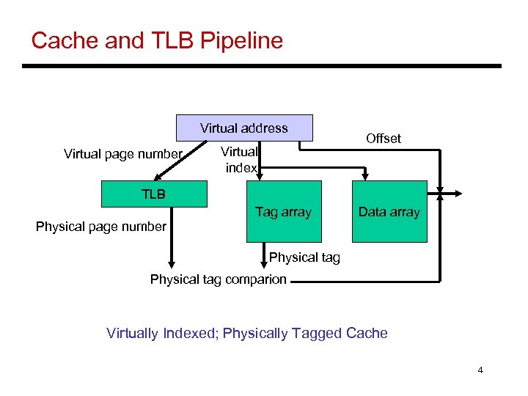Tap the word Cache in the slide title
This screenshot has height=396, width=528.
pos(65,40)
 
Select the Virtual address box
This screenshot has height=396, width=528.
pos(244,128)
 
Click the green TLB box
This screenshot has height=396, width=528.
pos(154,194)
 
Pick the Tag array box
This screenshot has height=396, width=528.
pos(283,212)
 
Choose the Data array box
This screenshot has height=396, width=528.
pos(389,212)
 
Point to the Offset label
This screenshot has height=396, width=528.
pos(384,139)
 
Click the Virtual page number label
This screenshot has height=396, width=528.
pos(122,154)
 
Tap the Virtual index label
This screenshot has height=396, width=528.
pos(241,160)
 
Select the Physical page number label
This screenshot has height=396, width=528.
pos(100,227)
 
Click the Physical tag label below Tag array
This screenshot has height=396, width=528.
pos(304,257)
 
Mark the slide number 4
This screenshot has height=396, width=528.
pos(480,370)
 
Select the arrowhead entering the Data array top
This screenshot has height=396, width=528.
pos(366,175)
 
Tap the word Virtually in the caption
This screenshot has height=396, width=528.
pos(132,334)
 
